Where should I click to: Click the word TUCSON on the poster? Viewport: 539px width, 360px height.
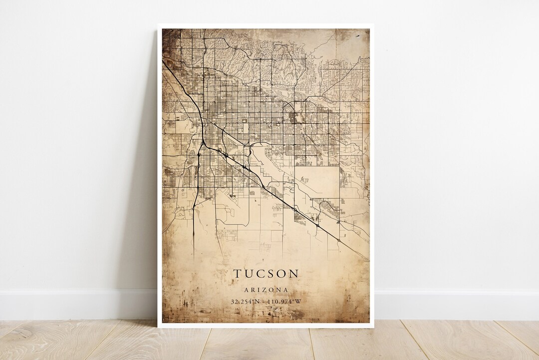pos(266,274)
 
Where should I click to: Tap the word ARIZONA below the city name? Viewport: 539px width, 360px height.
pos(266,290)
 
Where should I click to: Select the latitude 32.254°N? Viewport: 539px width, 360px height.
pos(246,301)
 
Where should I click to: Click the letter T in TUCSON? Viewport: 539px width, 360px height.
pos(236,274)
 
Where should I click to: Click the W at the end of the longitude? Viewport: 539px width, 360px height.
pos(298,301)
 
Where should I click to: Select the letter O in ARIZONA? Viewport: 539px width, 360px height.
pos(272,290)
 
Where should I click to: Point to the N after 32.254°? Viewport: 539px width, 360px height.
pos(257,301)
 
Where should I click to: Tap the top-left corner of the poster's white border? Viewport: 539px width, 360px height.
pos(158,24)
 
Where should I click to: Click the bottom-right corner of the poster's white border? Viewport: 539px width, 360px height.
pos(374,327)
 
